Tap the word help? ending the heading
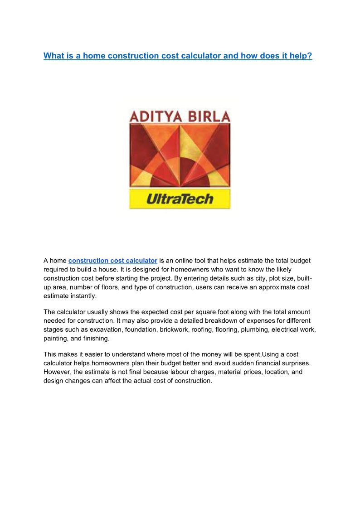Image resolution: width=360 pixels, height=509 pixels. coord(301,56)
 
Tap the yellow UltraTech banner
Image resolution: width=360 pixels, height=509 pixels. coord(180,199)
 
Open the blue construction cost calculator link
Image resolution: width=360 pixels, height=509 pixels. coord(113,261)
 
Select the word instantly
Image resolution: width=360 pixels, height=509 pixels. coord(83,296)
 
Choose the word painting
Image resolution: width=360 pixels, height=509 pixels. coord(55,338)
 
